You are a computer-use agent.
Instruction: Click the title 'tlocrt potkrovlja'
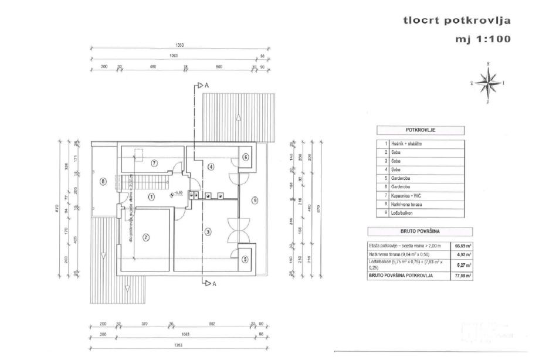pyautogui.click(x=457, y=21)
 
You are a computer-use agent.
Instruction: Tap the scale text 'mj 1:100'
pyautogui.click(x=483, y=40)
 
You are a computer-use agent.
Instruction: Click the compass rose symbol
pyautogui.click(x=487, y=83)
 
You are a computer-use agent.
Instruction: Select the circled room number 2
pyautogui.click(x=146, y=237)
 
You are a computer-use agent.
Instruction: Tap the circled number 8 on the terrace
pyautogui.click(x=103, y=182)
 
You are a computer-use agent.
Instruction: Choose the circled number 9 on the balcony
pyautogui.click(x=254, y=201)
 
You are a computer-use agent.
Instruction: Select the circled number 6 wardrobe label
pyautogui.click(x=246, y=157)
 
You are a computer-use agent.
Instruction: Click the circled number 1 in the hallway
pyautogui.click(x=151, y=196)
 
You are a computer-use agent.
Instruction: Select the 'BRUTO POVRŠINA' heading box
pyautogui.click(x=419, y=232)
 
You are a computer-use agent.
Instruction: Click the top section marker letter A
pyautogui.click(x=206, y=85)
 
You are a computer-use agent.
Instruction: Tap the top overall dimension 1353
pyautogui.click(x=180, y=46)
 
